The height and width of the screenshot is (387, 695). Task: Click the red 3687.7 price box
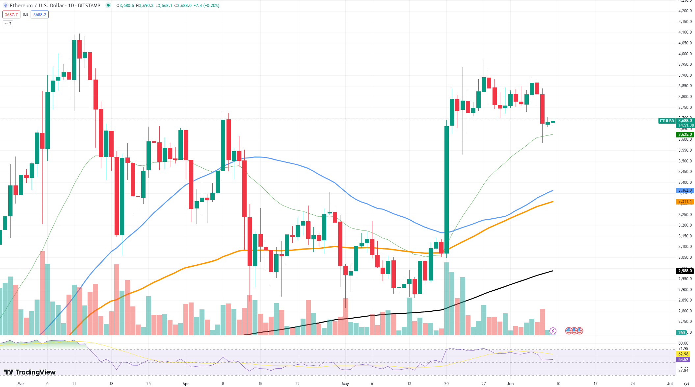pos(11,14)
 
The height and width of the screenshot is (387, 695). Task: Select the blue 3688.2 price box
pos(40,14)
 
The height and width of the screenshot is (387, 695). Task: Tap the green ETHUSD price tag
pos(667,121)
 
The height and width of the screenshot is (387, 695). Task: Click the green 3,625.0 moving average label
pos(685,134)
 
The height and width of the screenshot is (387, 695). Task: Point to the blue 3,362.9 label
pos(685,190)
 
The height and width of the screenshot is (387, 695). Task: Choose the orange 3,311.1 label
pos(685,202)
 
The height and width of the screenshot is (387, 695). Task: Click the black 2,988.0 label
pos(685,271)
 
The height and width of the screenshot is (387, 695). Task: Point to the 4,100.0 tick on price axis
pos(685,32)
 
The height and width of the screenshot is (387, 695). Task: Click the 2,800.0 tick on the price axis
pos(685,311)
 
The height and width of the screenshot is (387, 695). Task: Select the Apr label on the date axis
pos(186,384)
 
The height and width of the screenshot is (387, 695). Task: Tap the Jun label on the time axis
pos(510,384)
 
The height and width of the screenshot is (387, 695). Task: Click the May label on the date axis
pos(345,384)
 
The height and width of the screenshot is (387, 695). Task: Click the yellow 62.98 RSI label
pos(683,354)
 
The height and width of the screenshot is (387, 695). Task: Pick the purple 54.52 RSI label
pos(683,360)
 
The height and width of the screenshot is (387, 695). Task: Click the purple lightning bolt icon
pos(553,331)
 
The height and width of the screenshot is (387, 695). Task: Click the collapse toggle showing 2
pos(8,24)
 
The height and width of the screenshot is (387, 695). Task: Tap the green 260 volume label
pos(681,332)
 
